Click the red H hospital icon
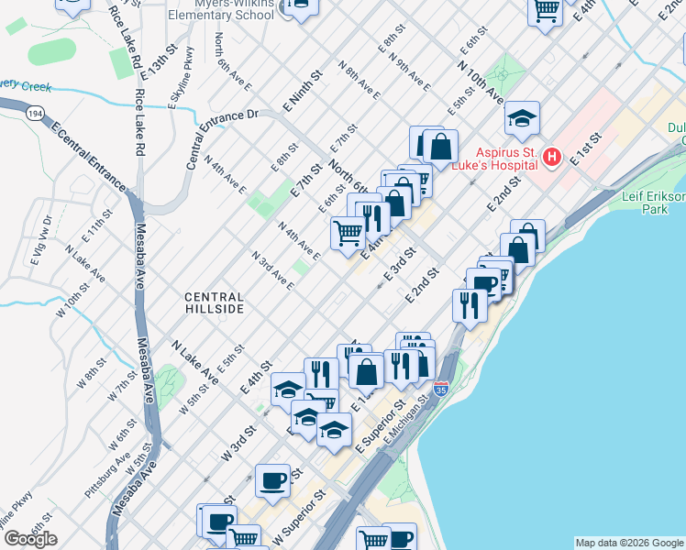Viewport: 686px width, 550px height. coord(551,158)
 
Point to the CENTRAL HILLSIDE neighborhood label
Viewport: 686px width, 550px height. coord(214,303)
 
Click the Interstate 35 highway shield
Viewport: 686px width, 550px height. coord(440,389)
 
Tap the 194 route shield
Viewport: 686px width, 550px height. coord(34,113)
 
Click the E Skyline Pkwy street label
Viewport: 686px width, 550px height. coord(182,77)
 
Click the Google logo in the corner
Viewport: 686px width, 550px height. coord(30,539)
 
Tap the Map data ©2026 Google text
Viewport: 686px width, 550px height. coord(629,543)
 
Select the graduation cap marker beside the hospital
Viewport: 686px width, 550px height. coord(522,119)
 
